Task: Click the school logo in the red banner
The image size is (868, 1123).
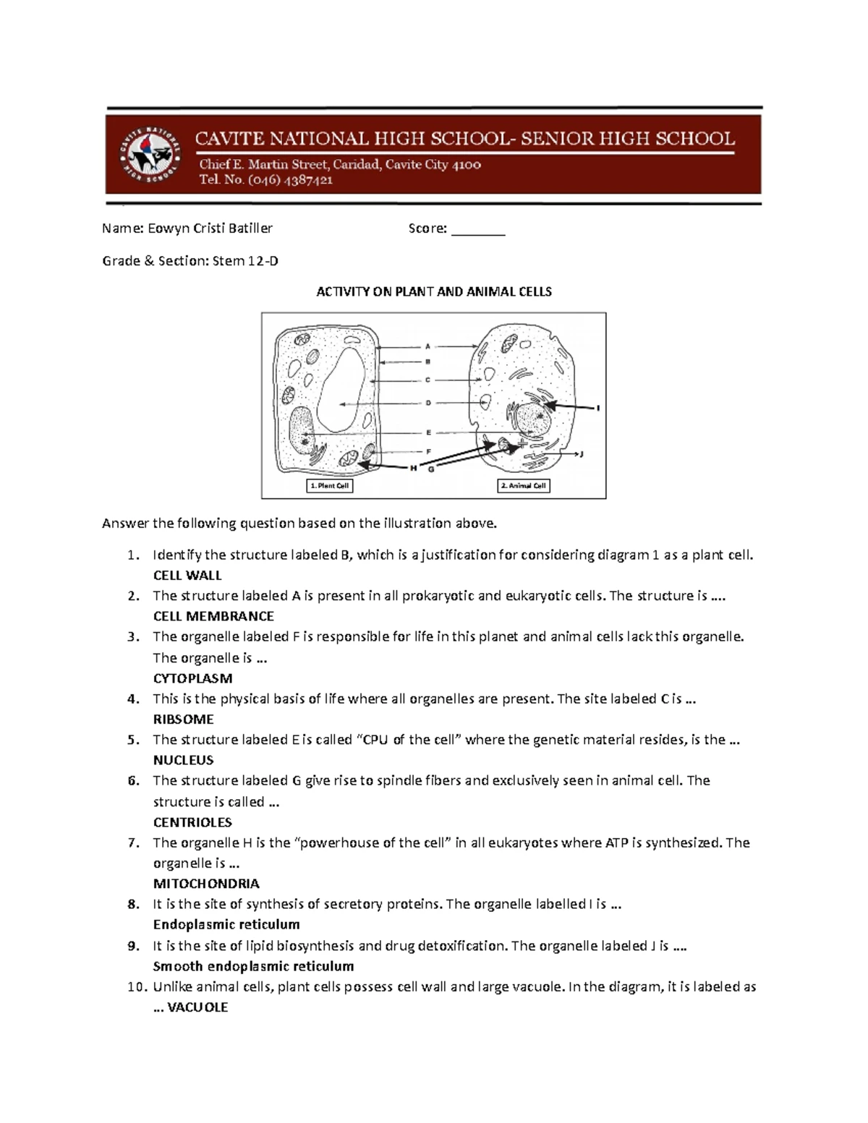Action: pyautogui.click(x=149, y=153)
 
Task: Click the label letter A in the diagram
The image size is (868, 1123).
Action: pyautogui.click(x=427, y=346)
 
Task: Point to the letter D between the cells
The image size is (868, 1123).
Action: pyautogui.click(x=427, y=403)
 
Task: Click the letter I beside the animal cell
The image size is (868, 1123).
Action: pyautogui.click(x=598, y=409)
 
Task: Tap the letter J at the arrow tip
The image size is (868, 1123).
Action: pyautogui.click(x=581, y=455)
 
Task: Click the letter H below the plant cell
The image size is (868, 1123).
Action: pyautogui.click(x=414, y=469)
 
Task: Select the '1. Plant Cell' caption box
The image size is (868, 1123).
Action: pyautogui.click(x=330, y=486)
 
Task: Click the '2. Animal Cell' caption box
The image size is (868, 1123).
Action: pyautogui.click(x=524, y=486)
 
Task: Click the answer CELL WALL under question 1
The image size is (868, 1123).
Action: pyautogui.click(x=187, y=576)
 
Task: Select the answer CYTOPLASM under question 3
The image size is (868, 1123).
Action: pyautogui.click(x=192, y=678)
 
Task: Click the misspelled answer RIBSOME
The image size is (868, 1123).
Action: pyautogui.click(x=183, y=720)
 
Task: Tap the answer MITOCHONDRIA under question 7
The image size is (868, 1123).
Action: pyautogui.click(x=206, y=884)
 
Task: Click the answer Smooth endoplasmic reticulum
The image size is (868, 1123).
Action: pyautogui.click(x=253, y=966)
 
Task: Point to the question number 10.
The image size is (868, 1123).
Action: pyautogui.click(x=135, y=987)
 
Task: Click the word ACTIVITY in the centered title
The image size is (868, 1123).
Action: pyautogui.click(x=342, y=291)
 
